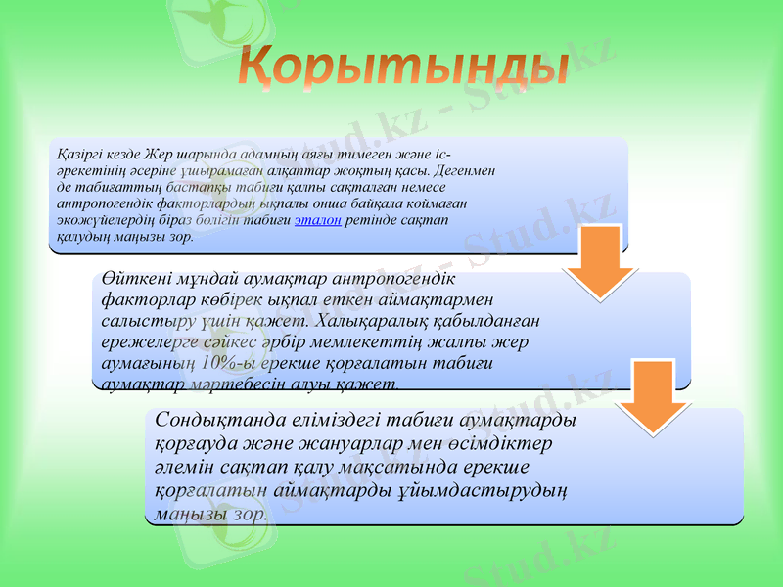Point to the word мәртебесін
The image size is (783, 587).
222,384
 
